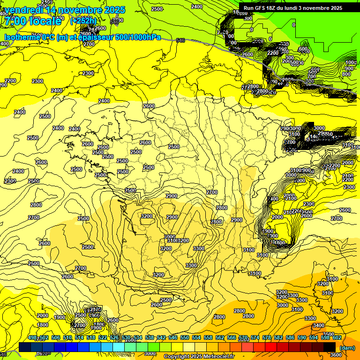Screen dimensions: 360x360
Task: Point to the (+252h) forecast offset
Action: pyautogui.click(x=83, y=21)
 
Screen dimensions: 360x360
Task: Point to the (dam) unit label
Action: pyautogui.click(x=347, y=348)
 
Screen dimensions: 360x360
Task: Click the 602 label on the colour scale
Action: pyautogui.click(x=337, y=337)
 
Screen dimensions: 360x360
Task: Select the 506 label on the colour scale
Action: pyautogui.click(x=55, y=337)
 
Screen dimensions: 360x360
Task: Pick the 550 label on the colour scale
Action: pyautogui.click(x=184, y=337)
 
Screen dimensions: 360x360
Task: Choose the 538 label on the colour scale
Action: pyautogui.click(x=149, y=337)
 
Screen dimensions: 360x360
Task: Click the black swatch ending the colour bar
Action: pyautogui.click(x=330, y=347)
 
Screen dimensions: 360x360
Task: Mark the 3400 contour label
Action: pyautogui.click(x=318, y=325)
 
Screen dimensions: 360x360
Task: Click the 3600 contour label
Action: pyautogui.click(x=336, y=355)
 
